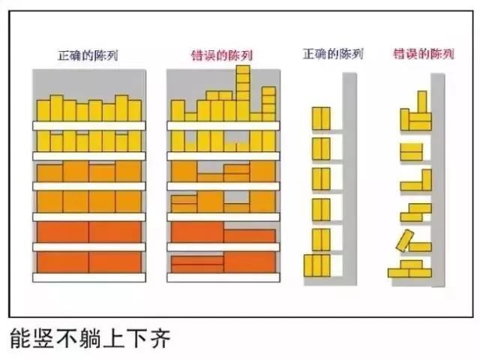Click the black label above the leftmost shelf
coord(88,55)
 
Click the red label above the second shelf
coord(222,55)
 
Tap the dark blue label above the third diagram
coord(332,55)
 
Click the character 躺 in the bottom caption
coord(90,339)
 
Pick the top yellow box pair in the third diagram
coord(321,118)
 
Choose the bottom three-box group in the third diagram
coord(316,265)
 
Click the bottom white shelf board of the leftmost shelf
coord(88,277)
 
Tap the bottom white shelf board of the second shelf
coord(223,277)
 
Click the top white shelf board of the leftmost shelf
coord(88,125)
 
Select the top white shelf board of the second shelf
coord(223,125)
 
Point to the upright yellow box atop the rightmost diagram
coord(422,101)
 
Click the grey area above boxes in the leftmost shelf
coord(88,82)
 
